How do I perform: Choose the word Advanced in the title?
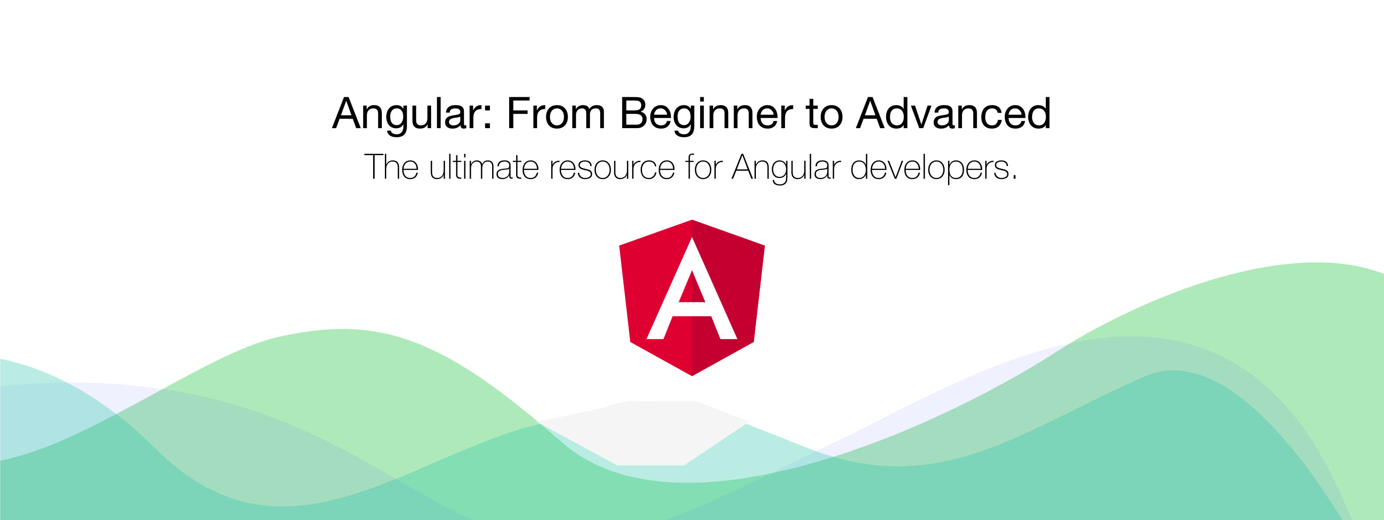click(954, 113)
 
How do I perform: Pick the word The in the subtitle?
click(391, 167)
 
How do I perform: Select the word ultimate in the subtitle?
click(483, 167)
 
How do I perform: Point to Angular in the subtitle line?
click(786, 169)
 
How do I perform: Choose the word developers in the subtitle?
click(930, 169)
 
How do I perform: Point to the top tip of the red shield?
click(692, 220)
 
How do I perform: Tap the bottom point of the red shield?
click(692, 375)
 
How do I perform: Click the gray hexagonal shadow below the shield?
click(645, 433)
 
